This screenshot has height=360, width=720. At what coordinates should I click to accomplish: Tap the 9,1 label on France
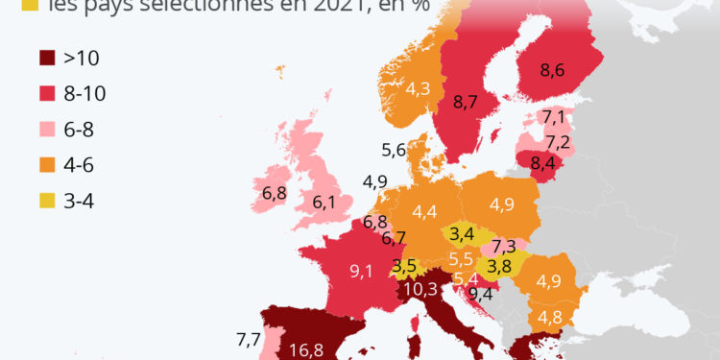click(x=362, y=271)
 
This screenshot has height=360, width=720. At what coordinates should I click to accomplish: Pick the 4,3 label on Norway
click(x=418, y=89)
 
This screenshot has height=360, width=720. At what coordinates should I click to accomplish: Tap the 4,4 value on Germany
click(x=423, y=210)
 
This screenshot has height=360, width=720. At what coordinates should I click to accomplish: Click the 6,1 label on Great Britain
click(x=324, y=203)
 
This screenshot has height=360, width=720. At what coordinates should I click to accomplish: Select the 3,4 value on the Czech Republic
click(x=462, y=232)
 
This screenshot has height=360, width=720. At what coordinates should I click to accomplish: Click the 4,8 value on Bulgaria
click(x=550, y=318)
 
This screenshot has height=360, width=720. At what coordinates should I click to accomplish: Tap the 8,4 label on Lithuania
click(x=543, y=162)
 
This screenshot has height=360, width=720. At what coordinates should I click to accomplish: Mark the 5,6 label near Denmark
click(x=394, y=150)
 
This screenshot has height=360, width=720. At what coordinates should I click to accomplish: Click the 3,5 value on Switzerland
click(x=405, y=266)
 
